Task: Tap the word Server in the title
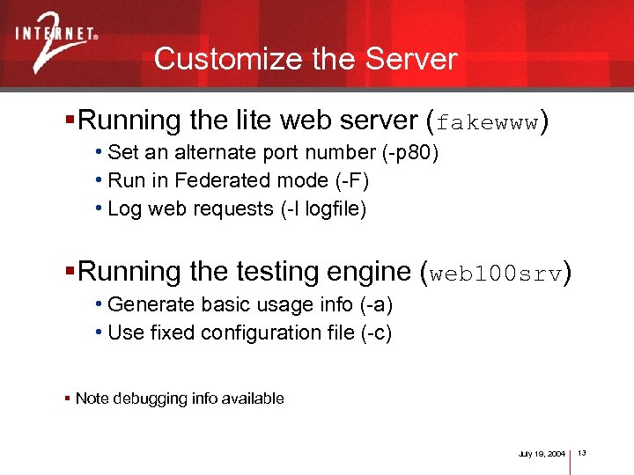pyautogui.click(x=411, y=59)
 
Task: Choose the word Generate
pyautogui.click(x=142, y=304)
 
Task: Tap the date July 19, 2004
pyautogui.click(x=542, y=453)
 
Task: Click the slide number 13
pyautogui.click(x=582, y=452)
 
